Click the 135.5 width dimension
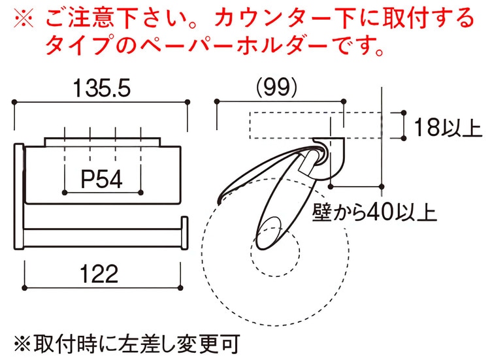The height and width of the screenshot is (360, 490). click(101, 87)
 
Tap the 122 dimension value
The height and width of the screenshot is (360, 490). click(101, 272)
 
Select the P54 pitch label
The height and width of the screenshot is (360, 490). click(102, 178)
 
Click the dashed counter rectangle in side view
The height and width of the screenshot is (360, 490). click(294, 125)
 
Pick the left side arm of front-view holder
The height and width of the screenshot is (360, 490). click(19, 196)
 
